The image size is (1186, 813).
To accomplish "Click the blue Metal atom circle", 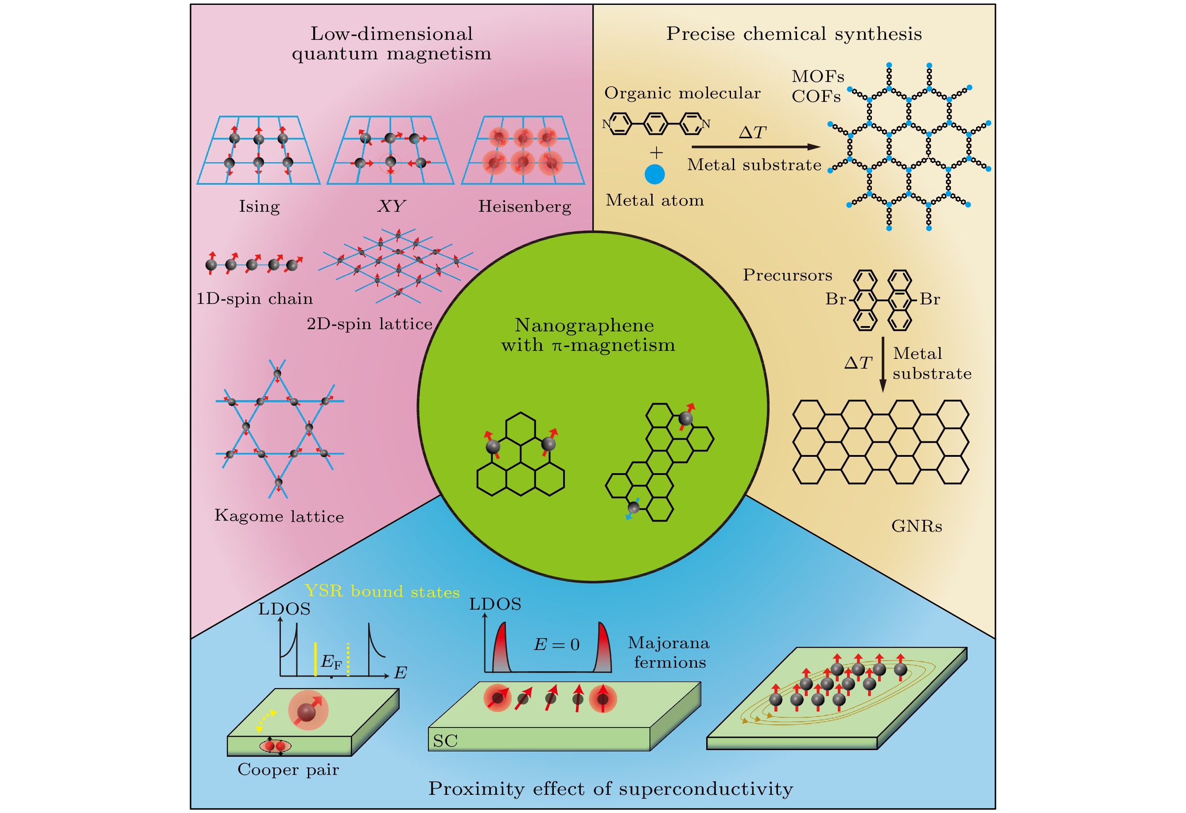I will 654,174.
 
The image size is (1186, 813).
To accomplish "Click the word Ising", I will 259,206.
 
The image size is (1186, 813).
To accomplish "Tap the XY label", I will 391,206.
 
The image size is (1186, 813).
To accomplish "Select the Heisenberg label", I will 524,206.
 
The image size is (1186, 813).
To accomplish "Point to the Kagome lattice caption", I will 279,516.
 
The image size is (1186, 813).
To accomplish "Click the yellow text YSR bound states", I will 382,591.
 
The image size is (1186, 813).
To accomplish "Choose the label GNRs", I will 916,526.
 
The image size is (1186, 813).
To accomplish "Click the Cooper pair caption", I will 288,769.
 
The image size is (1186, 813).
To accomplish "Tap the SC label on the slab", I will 445,740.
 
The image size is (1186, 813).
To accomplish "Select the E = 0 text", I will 556,645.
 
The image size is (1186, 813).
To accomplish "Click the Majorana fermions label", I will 669,652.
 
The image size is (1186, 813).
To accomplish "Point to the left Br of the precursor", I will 836,299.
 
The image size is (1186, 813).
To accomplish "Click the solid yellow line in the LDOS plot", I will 315,659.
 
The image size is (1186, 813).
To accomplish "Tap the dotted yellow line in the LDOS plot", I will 348,659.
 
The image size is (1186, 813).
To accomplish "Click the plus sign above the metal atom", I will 656,152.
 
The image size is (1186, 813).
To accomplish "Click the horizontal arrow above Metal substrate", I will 755,147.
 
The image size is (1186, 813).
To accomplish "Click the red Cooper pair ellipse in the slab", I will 275,746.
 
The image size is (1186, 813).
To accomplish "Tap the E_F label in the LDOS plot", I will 331,662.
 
